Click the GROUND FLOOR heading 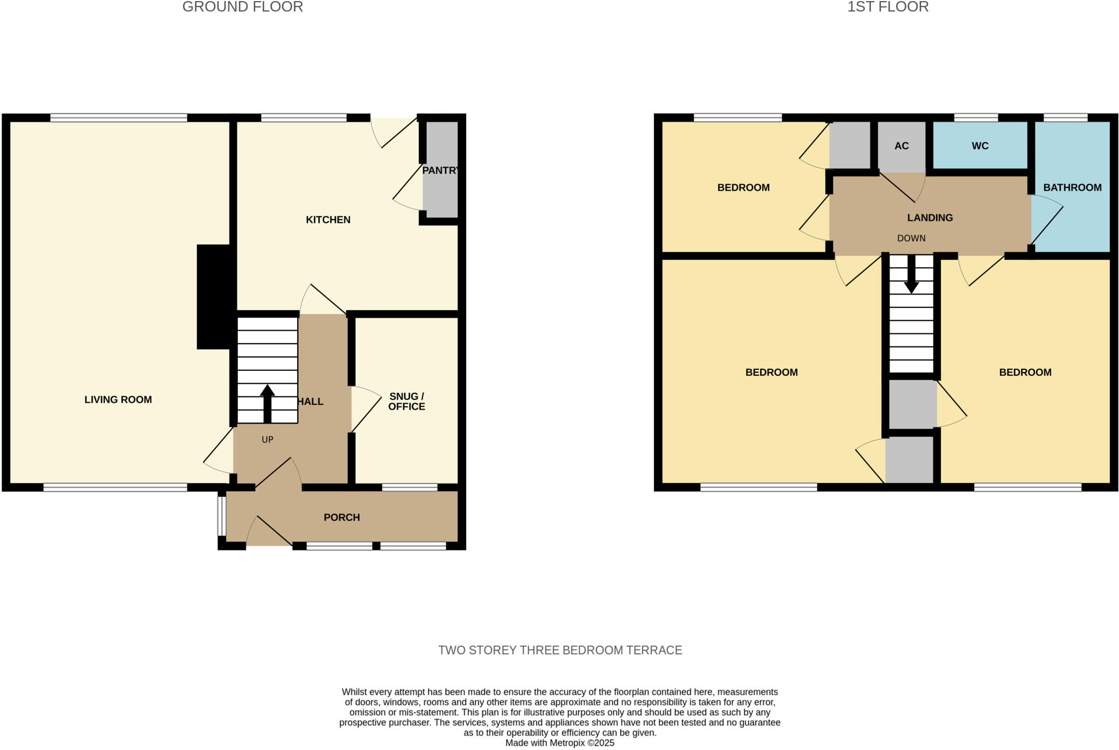pos(243,7)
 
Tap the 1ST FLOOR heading pos(888,7)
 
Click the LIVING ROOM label pos(118,400)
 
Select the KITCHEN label pos(328,220)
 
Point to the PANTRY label pos(440,170)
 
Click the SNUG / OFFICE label pos(407,401)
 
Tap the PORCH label pos(341,517)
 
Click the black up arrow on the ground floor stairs pos(267,403)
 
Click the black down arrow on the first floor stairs pos(911,274)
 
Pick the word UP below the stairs pos(267,440)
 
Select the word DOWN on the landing pos(911,238)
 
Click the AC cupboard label pos(902,146)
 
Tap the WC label pos(980,146)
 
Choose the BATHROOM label pos(1072,187)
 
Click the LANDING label pos(930,217)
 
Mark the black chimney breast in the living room pos(214,297)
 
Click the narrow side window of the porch pos(221,516)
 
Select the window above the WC pos(976,117)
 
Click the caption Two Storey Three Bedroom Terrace pos(560,650)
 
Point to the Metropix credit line pos(560,743)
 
